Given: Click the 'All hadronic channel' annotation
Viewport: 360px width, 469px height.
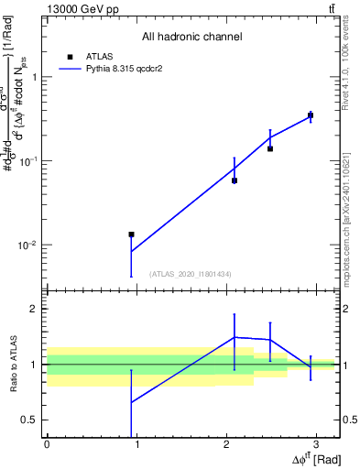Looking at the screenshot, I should [x=191, y=37].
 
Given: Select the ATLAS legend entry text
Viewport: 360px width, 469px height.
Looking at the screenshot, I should [x=99, y=56].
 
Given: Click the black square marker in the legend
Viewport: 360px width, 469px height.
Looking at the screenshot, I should [x=70, y=56].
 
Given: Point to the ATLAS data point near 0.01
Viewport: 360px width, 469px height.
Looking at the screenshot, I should [x=132, y=234].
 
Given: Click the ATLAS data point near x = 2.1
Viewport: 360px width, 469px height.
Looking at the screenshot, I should [x=235, y=180].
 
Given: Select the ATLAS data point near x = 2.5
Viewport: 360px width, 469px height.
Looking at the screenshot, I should [x=270, y=148].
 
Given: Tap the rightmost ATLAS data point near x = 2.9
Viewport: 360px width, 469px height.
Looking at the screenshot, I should [x=311, y=115].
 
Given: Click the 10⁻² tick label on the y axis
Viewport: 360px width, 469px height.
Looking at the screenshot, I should [x=27, y=245].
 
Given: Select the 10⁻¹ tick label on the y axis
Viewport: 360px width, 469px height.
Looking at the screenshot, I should [x=27, y=161].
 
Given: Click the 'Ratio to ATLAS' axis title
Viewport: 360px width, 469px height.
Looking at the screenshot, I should [x=13, y=365].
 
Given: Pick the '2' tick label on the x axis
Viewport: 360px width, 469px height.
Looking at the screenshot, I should [x=225, y=445].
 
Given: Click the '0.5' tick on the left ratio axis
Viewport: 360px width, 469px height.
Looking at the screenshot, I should [x=29, y=420].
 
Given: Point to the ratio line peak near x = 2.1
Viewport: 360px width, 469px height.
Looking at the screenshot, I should [x=235, y=337].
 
